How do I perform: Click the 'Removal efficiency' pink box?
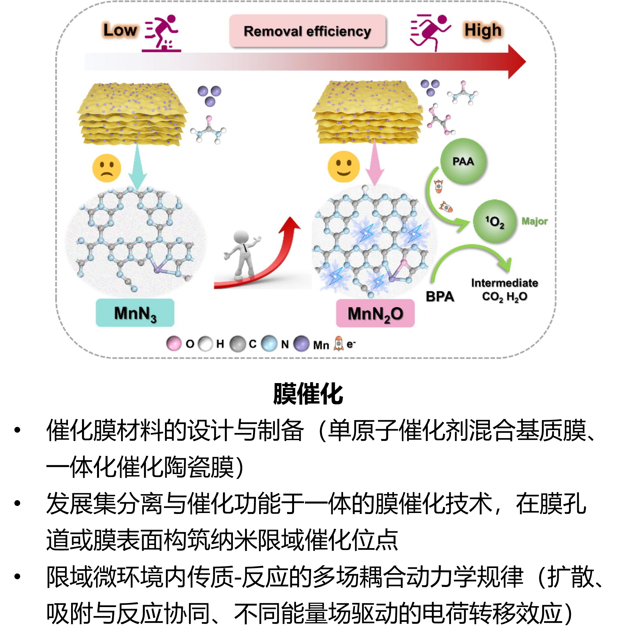coord(308,31)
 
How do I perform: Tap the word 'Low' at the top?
coord(120,30)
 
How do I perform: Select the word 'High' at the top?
coord(483,30)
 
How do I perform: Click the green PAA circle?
coord(463,161)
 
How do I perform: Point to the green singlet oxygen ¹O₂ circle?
coord(495,221)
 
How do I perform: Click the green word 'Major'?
coord(534,221)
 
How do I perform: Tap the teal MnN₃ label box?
coord(135,313)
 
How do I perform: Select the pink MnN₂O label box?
coord(375,313)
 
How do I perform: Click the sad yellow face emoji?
coord(107,168)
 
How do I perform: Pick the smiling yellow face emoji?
coord(344,166)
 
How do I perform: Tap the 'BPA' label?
coord(440,296)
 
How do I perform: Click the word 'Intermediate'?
coord(505,283)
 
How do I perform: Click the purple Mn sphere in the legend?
coord(302,344)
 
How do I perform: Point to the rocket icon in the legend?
coord(338,344)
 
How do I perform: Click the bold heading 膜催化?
coord(308,394)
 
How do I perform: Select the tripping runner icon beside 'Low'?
coord(162,33)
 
